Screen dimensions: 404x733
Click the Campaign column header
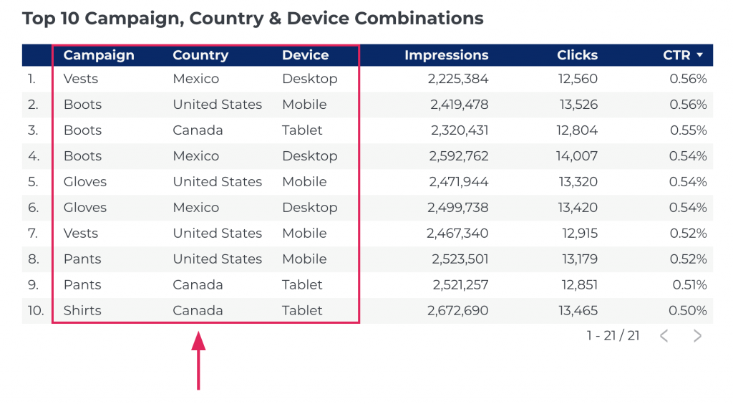coord(98,55)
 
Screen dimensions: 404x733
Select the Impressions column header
coord(446,55)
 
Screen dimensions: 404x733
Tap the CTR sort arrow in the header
coord(699,55)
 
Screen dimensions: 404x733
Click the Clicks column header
coord(577,55)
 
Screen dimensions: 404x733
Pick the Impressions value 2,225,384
coord(458,79)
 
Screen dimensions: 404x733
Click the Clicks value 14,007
coord(576,156)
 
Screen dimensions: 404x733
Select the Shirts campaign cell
coord(82,311)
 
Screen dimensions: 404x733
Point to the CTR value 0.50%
coord(689,311)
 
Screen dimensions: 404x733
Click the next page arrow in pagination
coord(697,336)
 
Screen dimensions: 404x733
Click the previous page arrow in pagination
coord(664,336)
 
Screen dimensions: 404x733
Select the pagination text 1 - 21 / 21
coord(613,336)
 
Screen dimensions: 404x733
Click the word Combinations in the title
coord(420,19)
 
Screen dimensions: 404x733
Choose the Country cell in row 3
coord(198,130)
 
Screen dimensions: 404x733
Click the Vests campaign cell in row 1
coord(81,79)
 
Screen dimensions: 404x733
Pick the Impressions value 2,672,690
coord(458,311)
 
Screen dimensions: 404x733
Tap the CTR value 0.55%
coord(689,130)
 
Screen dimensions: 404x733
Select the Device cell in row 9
coord(302,285)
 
